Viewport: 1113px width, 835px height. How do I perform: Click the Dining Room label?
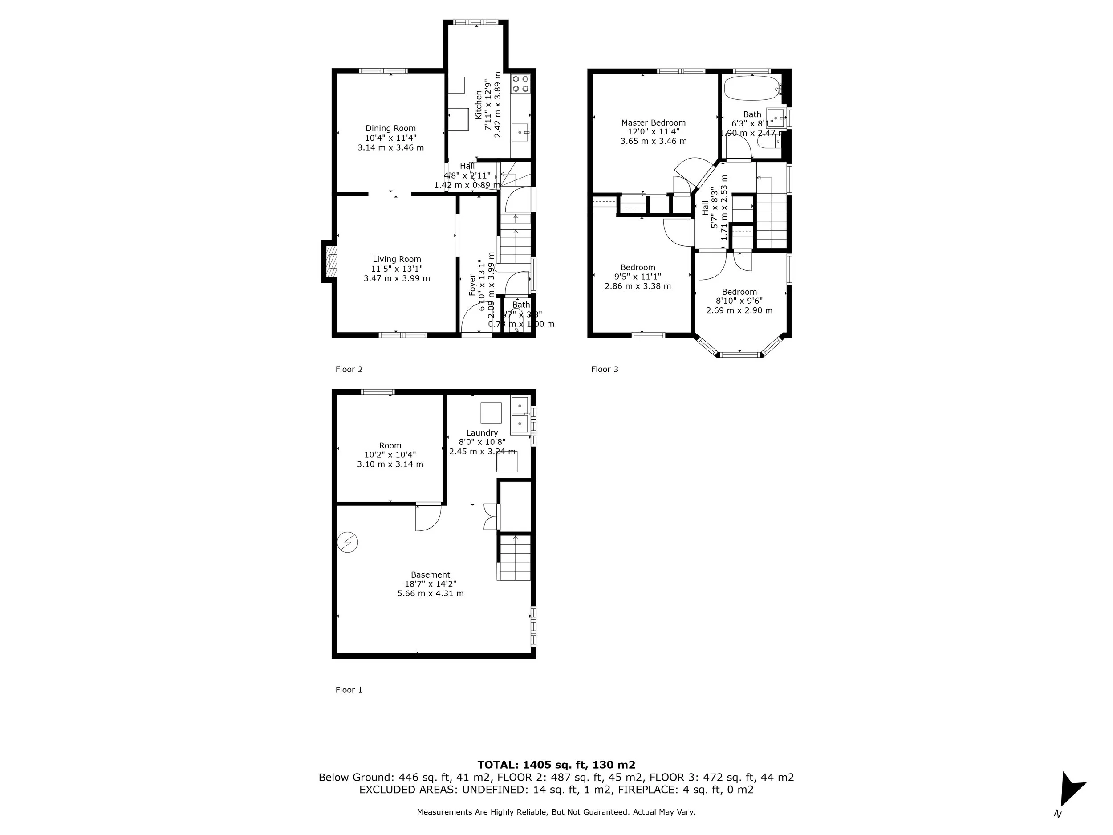390,128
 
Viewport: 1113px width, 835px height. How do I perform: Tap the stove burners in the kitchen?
520,84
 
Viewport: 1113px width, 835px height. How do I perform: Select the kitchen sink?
521,133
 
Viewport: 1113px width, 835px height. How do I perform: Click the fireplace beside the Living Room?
329,262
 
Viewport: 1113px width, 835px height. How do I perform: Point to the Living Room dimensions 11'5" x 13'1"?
397,269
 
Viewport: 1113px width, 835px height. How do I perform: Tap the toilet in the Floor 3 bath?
768,142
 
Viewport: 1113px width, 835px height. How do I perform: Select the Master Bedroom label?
653,123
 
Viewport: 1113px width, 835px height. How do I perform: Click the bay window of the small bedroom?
739,354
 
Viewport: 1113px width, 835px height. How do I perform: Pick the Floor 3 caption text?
604,370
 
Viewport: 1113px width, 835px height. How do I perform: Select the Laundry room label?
482,433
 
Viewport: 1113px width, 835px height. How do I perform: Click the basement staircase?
515,557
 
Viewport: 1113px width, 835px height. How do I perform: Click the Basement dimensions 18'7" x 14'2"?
430,584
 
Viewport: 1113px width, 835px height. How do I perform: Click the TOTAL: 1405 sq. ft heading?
556,765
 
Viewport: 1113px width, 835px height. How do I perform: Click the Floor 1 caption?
349,690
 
